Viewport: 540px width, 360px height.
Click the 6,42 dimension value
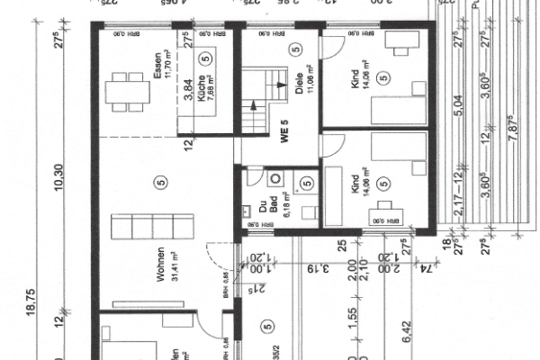click(x=455, y=334)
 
